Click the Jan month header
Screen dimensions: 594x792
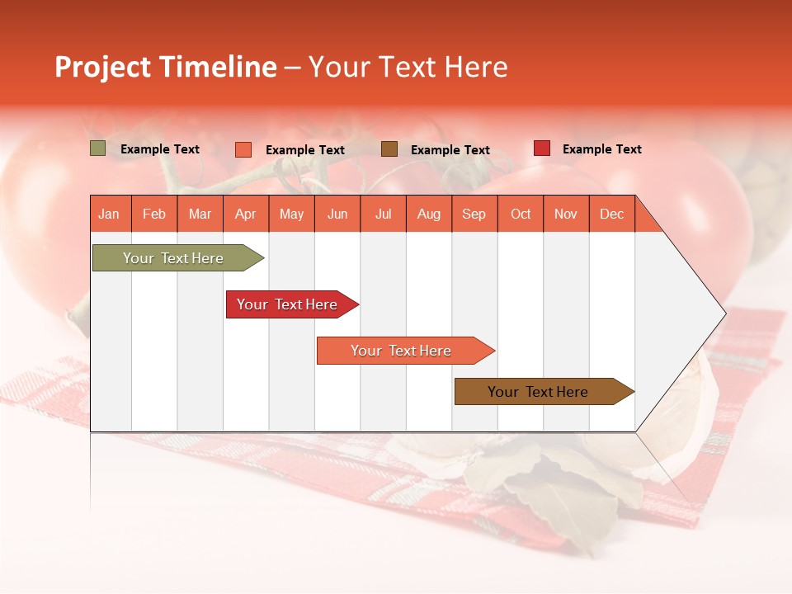(110, 214)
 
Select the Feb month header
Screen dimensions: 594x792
(154, 214)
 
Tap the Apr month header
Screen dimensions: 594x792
(245, 214)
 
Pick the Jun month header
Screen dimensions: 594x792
(337, 214)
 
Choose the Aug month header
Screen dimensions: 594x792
(428, 214)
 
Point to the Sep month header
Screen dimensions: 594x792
(474, 214)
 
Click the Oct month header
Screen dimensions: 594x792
(521, 214)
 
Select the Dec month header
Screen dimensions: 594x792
(611, 214)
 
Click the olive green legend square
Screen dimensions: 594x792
(97, 148)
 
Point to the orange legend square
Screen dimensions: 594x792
(243, 149)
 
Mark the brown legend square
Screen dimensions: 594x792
(389, 148)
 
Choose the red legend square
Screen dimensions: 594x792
(542, 148)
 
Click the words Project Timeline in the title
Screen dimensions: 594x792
(165, 67)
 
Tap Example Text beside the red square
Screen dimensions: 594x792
(601, 149)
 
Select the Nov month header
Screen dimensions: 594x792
(566, 214)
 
